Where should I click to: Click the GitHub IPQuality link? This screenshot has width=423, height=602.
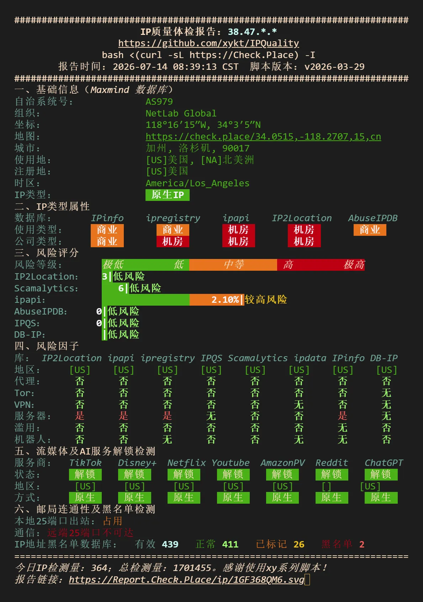click(x=208, y=43)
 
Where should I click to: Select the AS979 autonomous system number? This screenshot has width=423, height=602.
click(x=159, y=102)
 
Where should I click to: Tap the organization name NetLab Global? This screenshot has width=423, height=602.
click(x=181, y=113)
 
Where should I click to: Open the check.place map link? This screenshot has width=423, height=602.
click(x=263, y=136)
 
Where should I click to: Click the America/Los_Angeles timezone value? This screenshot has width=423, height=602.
click(x=197, y=183)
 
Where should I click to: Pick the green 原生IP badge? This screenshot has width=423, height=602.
click(x=168, y=195)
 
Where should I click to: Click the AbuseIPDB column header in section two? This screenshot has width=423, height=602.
click(x=373, y=218)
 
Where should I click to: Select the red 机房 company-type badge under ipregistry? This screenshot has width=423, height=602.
click(x=173, y=242)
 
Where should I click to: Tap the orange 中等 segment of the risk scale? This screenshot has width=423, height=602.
click(x=233, y=264)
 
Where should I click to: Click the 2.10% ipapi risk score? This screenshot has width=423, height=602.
click(x=225, y=299)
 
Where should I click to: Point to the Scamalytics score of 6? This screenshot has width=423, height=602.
click(x=121, y=288)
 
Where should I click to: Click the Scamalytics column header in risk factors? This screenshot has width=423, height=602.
click(x=258, y=358)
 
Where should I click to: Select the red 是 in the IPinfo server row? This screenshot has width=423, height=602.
click(x=343, y=416)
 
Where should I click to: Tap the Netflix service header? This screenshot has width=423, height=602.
click(x=186, y=463)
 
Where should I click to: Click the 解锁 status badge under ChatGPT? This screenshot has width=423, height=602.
click(x=381, y=474)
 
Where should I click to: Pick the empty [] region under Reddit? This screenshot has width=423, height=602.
click(x=326, y=487)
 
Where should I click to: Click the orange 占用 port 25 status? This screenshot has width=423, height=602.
click(x=113, y=521)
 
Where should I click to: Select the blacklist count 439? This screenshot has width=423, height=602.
click(x=170, y=544)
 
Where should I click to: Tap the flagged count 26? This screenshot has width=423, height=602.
click(x=299, y=544)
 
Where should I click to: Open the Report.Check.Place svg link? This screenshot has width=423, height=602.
click(x=186, y=580)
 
